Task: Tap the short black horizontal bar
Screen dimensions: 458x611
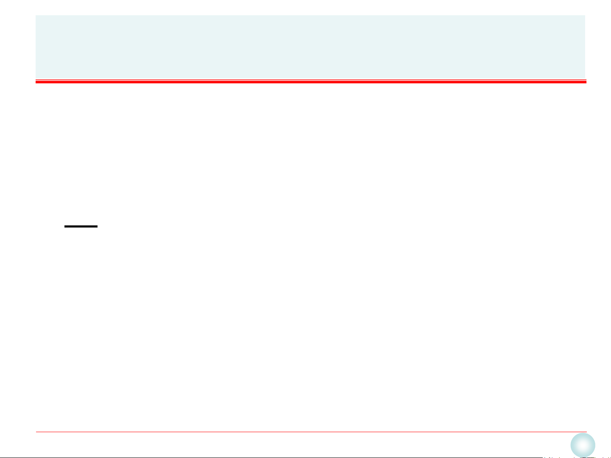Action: coord(81,227)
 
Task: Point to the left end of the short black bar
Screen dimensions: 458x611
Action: coord(65,227)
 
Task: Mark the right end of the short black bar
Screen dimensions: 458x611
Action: coord(97,227)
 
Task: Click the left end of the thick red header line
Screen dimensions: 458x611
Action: coord(36,82)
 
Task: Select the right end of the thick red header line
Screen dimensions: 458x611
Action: coord(586,82)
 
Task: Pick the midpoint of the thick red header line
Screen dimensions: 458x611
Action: coord(311,82)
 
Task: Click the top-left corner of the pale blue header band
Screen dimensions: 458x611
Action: coord(36,16)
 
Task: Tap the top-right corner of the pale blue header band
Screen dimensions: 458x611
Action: coord(585,16)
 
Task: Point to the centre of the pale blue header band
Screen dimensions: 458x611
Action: coord(310,47)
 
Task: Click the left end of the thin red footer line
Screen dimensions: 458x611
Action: coord(36,432)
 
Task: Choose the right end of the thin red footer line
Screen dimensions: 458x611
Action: coord(586,432)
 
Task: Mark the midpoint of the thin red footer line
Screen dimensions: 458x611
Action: coord(311,432)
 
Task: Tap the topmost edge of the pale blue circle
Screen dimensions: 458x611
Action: coord(583,433)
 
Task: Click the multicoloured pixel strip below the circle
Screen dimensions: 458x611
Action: coord(577,457)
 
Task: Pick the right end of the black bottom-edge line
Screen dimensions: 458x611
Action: coord(543,458)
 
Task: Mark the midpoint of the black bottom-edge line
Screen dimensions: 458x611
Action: coord(271,458)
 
